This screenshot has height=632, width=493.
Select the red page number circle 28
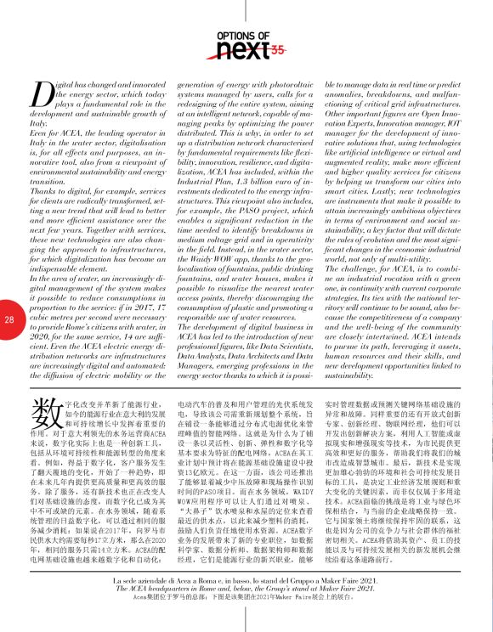[x=9, y=319]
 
